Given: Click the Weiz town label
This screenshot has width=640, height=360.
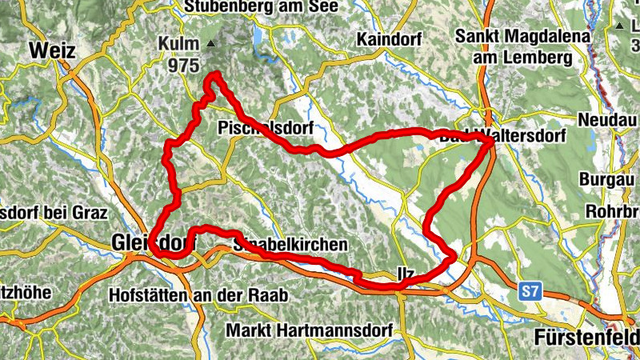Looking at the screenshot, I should tap(53, 50).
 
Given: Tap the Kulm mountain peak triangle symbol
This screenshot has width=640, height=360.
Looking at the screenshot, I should tap(210, 43).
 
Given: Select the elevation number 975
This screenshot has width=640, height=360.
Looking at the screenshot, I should tap(185, 67).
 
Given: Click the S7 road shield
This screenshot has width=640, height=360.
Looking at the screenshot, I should tap(529, 292).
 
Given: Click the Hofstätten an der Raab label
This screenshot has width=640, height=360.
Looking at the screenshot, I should tap(198, 295).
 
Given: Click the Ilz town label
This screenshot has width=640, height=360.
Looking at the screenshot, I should tap(406, 273).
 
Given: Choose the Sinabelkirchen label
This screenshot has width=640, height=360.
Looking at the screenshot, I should tap(290, 243).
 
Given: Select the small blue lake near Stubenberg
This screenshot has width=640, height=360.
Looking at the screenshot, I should tap(258, 37).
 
